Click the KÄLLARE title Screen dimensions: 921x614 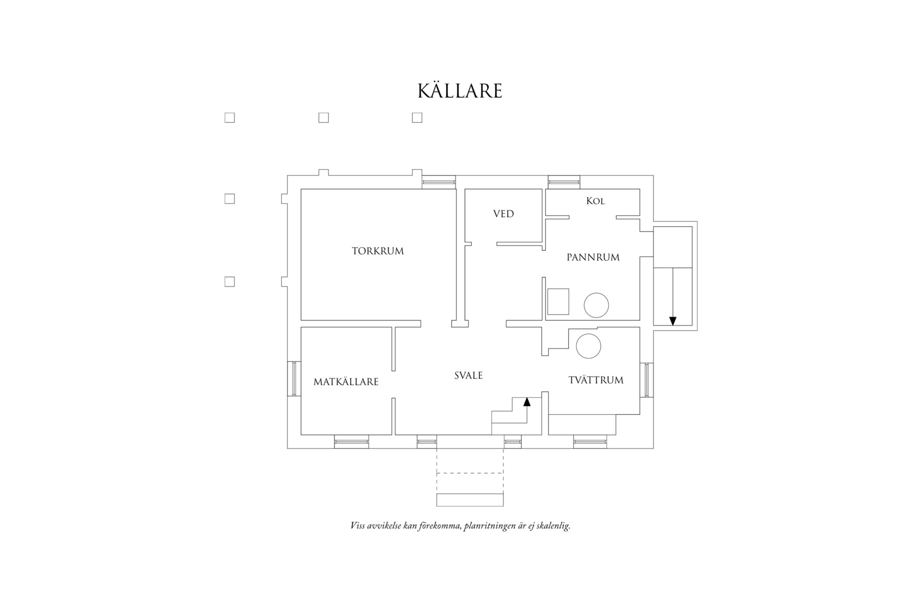click(460, 91)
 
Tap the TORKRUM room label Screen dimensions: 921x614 click(378, 251)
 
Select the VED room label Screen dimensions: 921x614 click(503, 214)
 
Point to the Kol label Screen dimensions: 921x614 click(595, 201)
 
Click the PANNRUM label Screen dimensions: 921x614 click(593, 257)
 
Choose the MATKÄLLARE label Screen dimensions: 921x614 click(346, 382)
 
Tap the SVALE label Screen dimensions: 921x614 click(468, 376)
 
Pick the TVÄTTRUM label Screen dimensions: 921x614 click(596, 380)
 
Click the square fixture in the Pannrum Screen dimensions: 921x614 click(558, 302)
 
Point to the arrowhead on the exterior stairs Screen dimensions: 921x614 click(673, 321)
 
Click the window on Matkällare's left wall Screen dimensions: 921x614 click(294, 379)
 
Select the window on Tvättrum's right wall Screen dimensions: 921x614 click(647, 380)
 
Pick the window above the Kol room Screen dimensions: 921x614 click(564, 182)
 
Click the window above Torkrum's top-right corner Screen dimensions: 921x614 click(439, 182)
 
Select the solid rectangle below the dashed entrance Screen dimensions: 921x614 click(470, 500)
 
